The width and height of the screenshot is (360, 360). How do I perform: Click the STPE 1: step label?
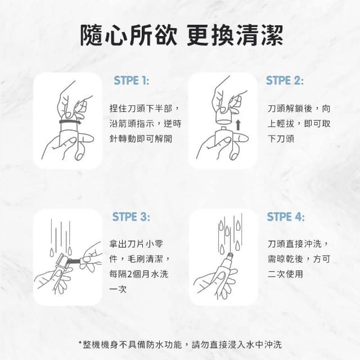tap(131, 80)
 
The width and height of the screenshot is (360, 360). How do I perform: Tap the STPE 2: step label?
tap(285, 80)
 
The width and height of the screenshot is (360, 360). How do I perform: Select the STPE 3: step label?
tap(131, 217)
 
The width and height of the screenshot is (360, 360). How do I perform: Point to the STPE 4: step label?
tap(286, 217)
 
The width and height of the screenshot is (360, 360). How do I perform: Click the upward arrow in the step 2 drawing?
tap(238, 125)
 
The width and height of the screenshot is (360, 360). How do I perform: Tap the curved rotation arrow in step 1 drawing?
tap(70, 121)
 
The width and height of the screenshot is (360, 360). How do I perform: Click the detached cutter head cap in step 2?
tap(224, 118)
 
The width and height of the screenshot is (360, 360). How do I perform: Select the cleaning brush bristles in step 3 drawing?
tap(73, 261)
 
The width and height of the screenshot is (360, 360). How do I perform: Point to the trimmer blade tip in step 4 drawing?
tap(229, 255)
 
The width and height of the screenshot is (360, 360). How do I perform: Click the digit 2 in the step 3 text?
tap(129, 274)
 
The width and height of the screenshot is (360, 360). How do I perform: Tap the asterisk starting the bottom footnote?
tap(80, 343)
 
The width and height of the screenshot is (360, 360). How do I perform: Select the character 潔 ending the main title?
tap(272, 35)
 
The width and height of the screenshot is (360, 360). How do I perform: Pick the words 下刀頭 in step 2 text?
tap(281, 139)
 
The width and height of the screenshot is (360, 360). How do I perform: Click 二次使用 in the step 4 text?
tap(285, 274)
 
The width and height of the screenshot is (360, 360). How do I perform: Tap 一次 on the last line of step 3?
tap(118, 289)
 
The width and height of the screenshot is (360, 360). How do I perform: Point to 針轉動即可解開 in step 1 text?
tap(141, 139)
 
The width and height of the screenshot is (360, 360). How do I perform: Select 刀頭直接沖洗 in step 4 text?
tap(294, 244)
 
